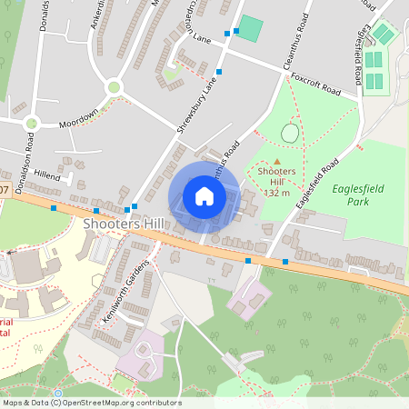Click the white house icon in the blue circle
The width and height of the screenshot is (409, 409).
point(204,195)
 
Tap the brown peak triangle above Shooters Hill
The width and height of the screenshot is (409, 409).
point(277,161)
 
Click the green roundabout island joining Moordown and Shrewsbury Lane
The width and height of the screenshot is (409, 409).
point(114,87)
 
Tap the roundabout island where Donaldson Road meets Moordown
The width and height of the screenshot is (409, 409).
point(33,123)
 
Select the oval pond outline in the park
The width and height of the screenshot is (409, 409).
point(290,133)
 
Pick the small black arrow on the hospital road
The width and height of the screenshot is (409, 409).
point(10,251)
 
